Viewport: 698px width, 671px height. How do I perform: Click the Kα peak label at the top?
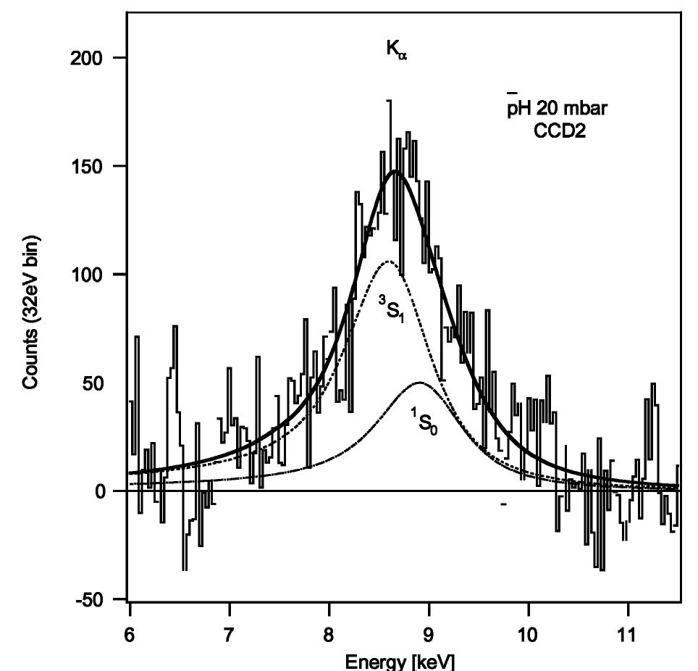[397, 51]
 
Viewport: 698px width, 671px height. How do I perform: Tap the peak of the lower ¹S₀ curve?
[419, 382]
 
